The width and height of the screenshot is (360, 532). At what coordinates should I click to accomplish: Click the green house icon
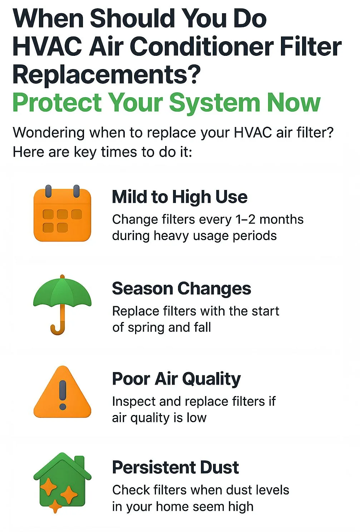pos(62,482)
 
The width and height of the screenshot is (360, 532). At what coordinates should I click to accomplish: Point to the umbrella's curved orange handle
pos(59,323)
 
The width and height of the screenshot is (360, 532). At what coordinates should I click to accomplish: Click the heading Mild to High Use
pos(180,197)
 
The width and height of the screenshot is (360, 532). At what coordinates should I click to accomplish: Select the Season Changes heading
pos(182,289)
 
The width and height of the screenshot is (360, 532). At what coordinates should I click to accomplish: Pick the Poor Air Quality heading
pos(176,379)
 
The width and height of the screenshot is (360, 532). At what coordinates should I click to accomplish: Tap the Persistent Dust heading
pos(176,467)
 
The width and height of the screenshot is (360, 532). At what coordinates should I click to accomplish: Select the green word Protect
pos(57,102)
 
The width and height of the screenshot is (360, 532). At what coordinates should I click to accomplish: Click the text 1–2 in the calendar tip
pos(245,219)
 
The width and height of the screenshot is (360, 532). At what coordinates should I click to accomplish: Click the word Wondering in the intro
pos(49,132)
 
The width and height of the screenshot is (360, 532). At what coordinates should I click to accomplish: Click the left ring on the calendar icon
pos(48,191)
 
